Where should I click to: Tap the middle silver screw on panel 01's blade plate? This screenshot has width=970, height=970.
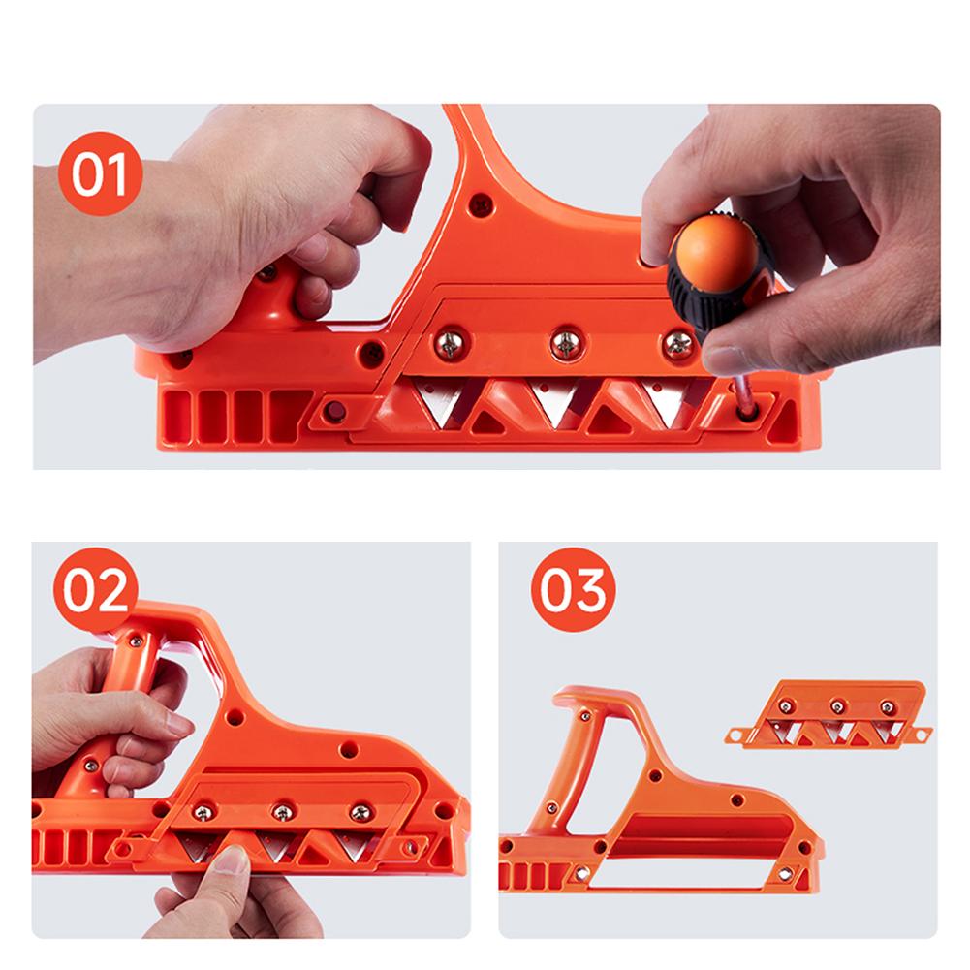[563, 341]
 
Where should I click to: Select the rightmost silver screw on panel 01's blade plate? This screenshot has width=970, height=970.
[679, 342]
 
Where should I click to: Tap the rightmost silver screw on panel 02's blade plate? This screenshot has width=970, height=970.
[360, 811]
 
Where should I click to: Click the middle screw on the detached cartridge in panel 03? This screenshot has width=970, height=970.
[835, 705]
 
